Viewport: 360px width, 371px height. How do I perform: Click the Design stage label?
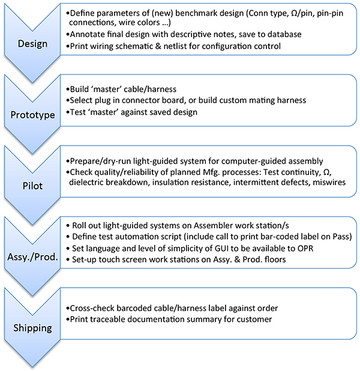click(32, 43)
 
